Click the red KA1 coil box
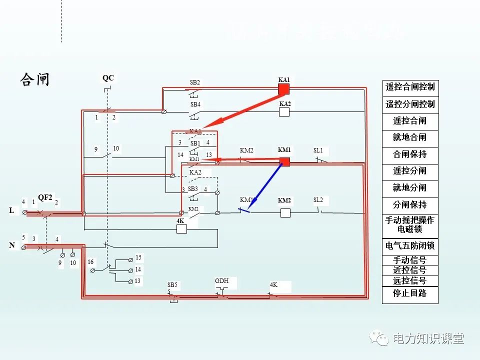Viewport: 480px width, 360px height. tap(284, 89)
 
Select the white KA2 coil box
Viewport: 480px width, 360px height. tap(284, 112)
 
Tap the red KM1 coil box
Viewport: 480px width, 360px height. tap(284, 161)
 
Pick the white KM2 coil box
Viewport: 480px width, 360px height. tap(285, 213)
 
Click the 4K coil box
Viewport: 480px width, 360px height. tap(181, 229)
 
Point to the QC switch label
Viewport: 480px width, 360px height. tap(108, 78)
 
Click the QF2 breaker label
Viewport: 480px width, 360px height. tap(45, 197)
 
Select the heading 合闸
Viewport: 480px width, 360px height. tap(35, 79)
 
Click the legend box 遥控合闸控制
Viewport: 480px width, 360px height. tap(410, 87)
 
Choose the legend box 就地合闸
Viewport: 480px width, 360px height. tap(410, 137)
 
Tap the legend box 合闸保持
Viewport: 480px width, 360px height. tap(410, 154)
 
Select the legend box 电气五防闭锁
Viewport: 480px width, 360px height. tap(410, 246)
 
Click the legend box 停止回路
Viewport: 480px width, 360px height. tap(410, 294)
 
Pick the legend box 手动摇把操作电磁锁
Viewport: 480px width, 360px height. tap(410, 225)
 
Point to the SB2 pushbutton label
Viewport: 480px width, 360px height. tap(195, 82)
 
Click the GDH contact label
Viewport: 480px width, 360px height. tap(221, 281)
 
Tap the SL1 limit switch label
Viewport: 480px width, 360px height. tap(318, 150)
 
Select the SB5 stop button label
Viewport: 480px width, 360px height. tap(172, 285)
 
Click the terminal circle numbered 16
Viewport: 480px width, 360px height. tap(93, 270)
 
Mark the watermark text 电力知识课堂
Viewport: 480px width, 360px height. tap(428, 338)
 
